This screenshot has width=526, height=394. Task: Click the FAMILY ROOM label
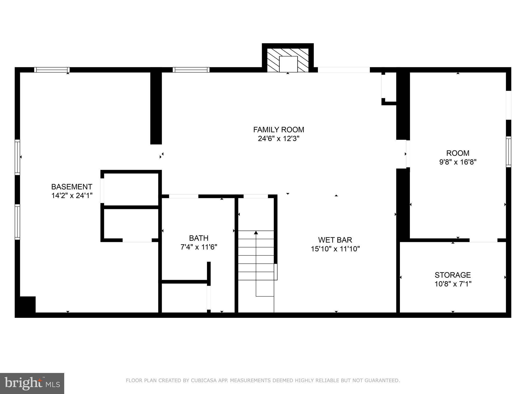279,130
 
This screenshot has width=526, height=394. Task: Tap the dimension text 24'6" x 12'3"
279,139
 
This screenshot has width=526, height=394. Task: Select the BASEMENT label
72,186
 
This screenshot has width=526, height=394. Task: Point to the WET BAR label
335,240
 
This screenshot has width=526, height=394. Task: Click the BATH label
199,238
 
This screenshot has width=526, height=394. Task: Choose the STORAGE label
453,275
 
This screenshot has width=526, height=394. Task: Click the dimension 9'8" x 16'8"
458,162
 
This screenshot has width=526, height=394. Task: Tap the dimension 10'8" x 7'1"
453,284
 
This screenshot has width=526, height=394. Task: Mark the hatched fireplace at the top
288,60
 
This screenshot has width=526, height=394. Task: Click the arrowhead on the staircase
256,233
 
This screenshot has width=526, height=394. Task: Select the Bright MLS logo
32,383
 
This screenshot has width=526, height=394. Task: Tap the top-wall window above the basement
52,70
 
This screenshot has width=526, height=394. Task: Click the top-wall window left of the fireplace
191,70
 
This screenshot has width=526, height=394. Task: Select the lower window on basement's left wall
17,222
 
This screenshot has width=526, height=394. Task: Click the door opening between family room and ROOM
408,154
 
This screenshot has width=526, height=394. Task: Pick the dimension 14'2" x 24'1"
72,196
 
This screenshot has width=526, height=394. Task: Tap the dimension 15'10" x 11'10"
335,249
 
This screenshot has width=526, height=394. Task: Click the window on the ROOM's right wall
508,152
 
